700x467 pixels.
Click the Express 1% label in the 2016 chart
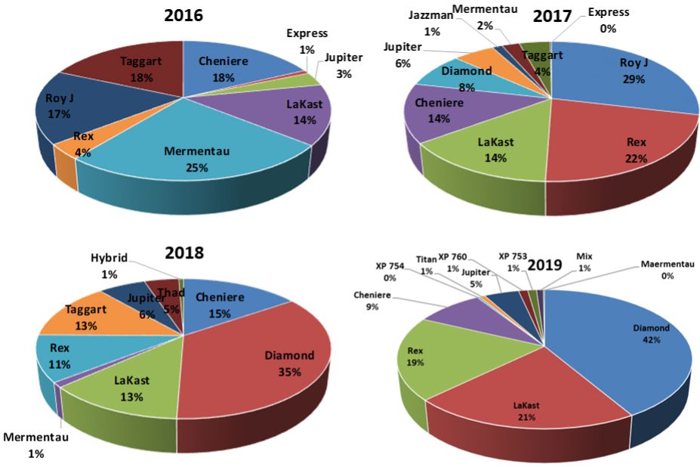coord(307,40)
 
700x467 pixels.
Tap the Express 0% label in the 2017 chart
coord(608,20)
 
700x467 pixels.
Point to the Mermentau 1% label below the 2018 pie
coord(36,445)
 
